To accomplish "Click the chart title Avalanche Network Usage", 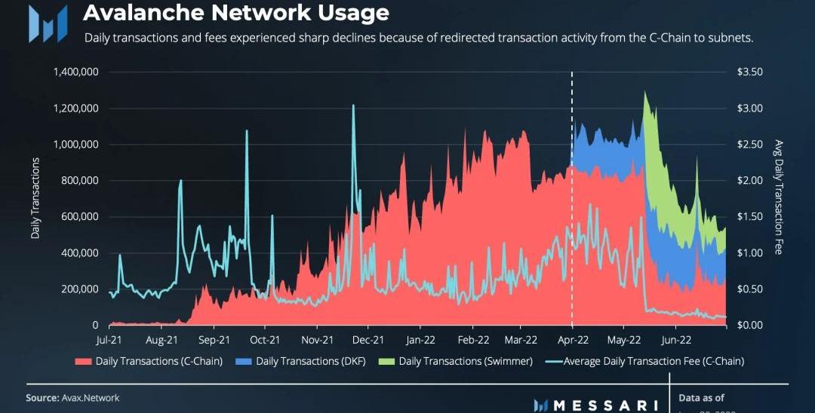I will point(235,13).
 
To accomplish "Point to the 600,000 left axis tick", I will point(79,217).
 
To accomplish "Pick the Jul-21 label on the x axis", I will point(109,340).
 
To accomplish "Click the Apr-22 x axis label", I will point(572,340).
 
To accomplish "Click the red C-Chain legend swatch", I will point(82,362).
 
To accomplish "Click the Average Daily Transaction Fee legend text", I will point(654,362).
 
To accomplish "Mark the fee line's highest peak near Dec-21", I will point(353,106).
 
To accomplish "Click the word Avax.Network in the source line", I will point(91,398).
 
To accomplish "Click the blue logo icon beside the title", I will point(47,23).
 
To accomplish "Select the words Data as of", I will point(701,398).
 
